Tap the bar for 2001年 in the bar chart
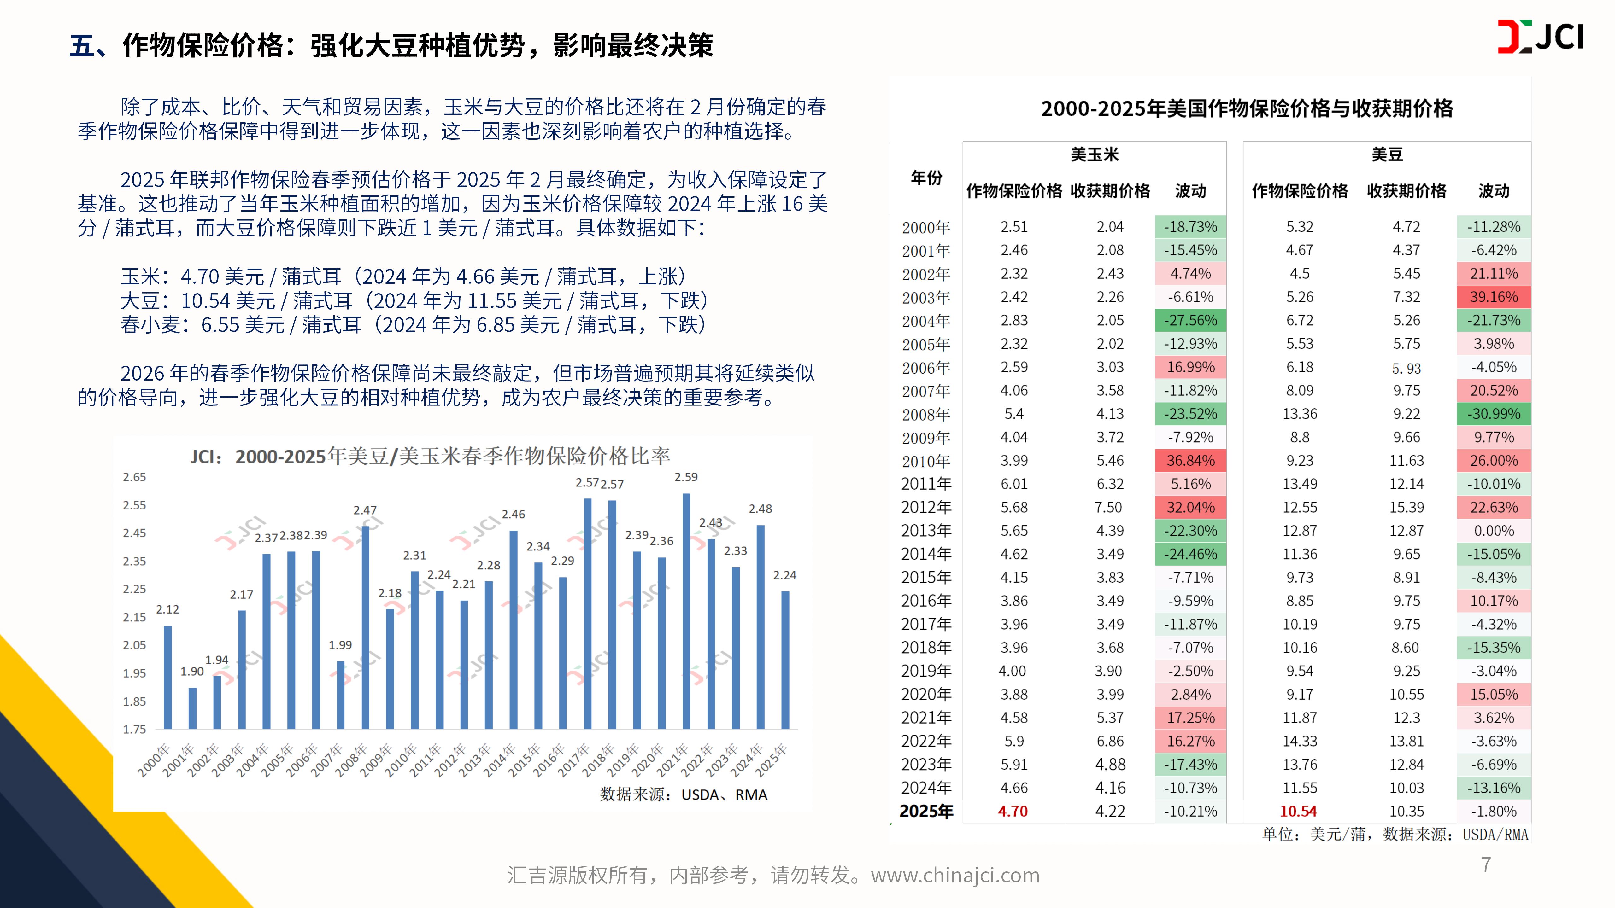(192, 708)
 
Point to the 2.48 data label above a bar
(761, 509)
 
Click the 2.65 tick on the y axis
(134, 477)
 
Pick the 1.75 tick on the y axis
(134, 730)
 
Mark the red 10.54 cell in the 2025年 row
(1298, 812)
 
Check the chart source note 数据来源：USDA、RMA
(683, 794)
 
